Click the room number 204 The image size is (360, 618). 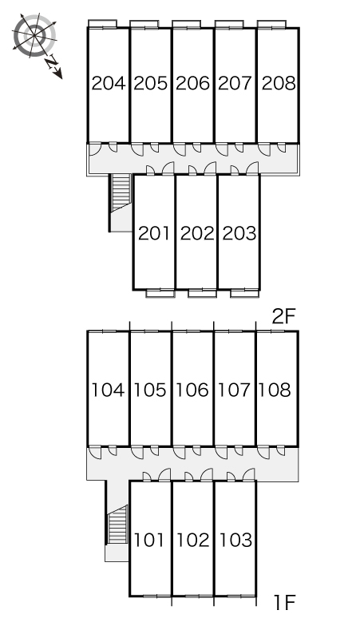109,84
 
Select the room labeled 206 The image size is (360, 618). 192,84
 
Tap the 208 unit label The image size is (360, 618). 279,84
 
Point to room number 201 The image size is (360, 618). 154,233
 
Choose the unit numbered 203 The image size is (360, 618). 239,233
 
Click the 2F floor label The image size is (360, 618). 283,316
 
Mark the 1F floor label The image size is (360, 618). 284,602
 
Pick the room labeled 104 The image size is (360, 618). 109,390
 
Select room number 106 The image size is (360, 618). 192,390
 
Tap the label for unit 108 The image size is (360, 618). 275,390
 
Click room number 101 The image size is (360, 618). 149,540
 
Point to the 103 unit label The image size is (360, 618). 235,540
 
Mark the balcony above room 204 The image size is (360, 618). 102,24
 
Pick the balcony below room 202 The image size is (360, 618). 202,293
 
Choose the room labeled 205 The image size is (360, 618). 150,84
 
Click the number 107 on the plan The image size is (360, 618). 235,390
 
